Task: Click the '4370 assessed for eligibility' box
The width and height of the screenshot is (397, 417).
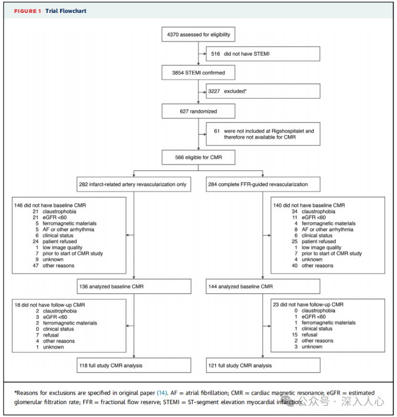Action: (198, 35)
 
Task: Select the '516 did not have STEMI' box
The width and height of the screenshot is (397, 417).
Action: (263, 54)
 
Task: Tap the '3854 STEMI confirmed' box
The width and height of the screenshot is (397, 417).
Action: (198, 73)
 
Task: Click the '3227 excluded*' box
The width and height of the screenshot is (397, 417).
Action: (263, 91)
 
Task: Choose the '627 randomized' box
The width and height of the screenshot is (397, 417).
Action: (198, 111)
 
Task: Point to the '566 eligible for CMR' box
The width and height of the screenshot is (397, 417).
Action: (198, 157)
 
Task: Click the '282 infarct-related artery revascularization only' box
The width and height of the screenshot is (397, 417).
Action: (133, 184)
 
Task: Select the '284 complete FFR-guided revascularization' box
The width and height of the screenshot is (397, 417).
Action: (263, 184)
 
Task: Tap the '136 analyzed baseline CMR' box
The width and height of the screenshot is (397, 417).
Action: (133, 286)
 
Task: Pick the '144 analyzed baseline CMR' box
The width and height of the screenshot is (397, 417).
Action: (263, 286)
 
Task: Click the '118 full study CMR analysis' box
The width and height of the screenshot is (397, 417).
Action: (133, 365)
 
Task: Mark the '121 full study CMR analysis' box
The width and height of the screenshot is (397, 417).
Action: (263, 365)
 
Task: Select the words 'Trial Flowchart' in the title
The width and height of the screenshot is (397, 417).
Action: (66, 11)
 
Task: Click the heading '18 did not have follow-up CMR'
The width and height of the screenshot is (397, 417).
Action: (50, 305)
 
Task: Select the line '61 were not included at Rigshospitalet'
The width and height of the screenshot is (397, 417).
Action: (263, 131)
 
